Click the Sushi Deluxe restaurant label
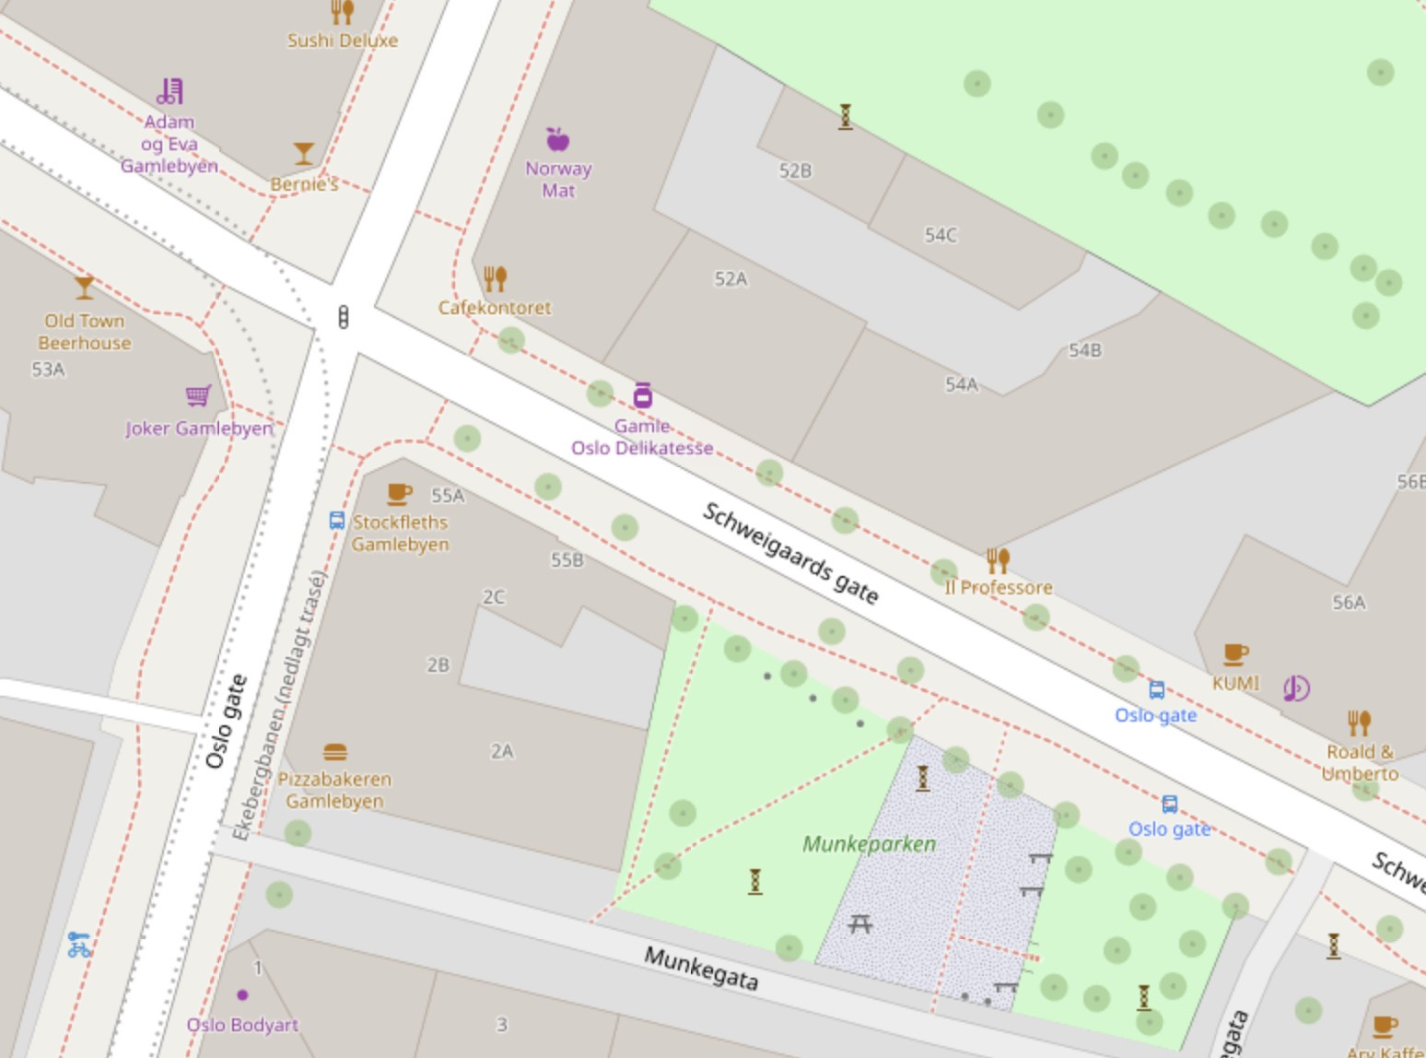pos(342,41)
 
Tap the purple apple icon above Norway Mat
pos(557,139)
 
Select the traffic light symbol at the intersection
pos(344,317)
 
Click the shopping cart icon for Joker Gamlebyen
pos(198,395)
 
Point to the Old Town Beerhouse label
pos(84,332)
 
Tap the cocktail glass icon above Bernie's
pos(303,153)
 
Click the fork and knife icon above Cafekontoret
pos(495,277)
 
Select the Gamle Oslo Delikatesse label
pos(642,438)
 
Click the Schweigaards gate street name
pos(790,553)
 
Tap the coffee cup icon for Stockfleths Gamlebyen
pos(399,493)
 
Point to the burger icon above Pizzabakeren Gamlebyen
pos(335,752)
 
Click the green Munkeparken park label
pos(869,844)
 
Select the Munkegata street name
pos(701,969)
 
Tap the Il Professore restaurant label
pos(999,587)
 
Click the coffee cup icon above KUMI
pos(1235,654)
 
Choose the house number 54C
pos(941,235)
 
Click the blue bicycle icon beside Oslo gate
pos(79,945)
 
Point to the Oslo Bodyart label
pos(242,1025)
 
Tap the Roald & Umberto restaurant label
pos(1360,763)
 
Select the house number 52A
pos(731,279)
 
